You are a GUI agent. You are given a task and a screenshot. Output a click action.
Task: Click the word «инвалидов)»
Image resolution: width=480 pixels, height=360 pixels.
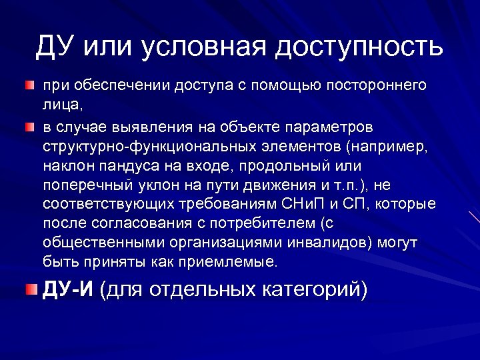[309, 242]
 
